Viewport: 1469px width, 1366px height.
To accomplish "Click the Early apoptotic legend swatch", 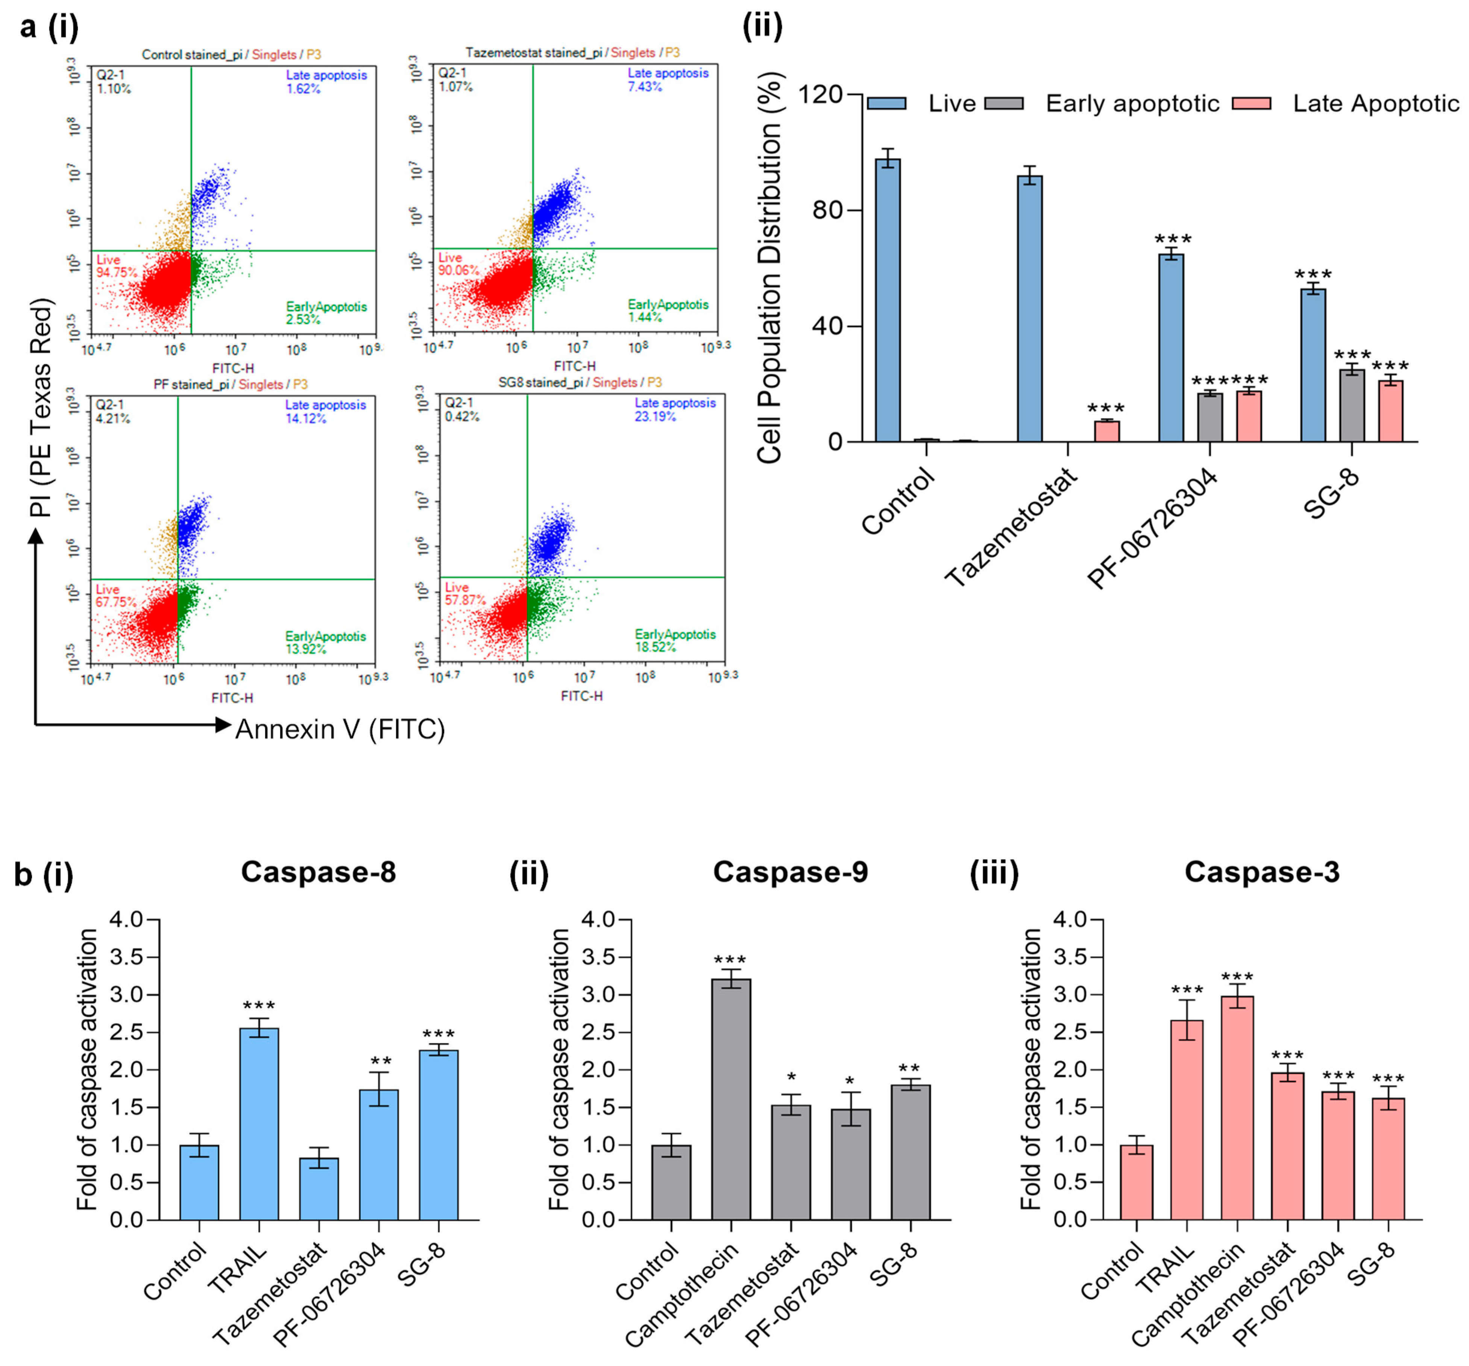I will tap(1004, 103).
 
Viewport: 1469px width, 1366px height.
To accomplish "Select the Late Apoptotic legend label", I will tap(1376, 103).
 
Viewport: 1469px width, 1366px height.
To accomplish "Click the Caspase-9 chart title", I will tap(790, 872).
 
